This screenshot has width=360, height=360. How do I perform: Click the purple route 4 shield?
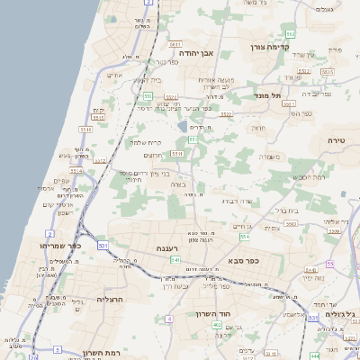[169, 319]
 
